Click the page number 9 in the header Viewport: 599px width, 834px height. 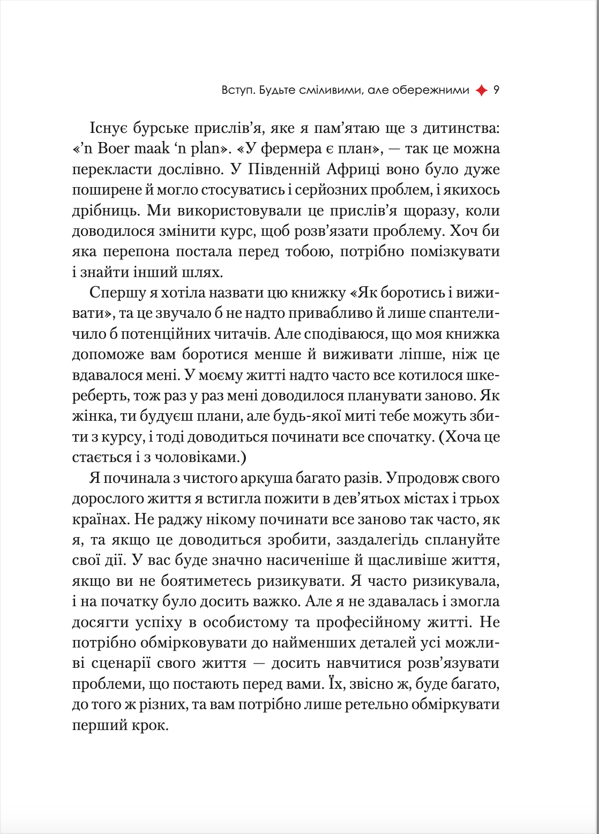pyautogui.click(x=496, y=91)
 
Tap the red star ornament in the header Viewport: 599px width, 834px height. pyautogui.click(x=482, y=91)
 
